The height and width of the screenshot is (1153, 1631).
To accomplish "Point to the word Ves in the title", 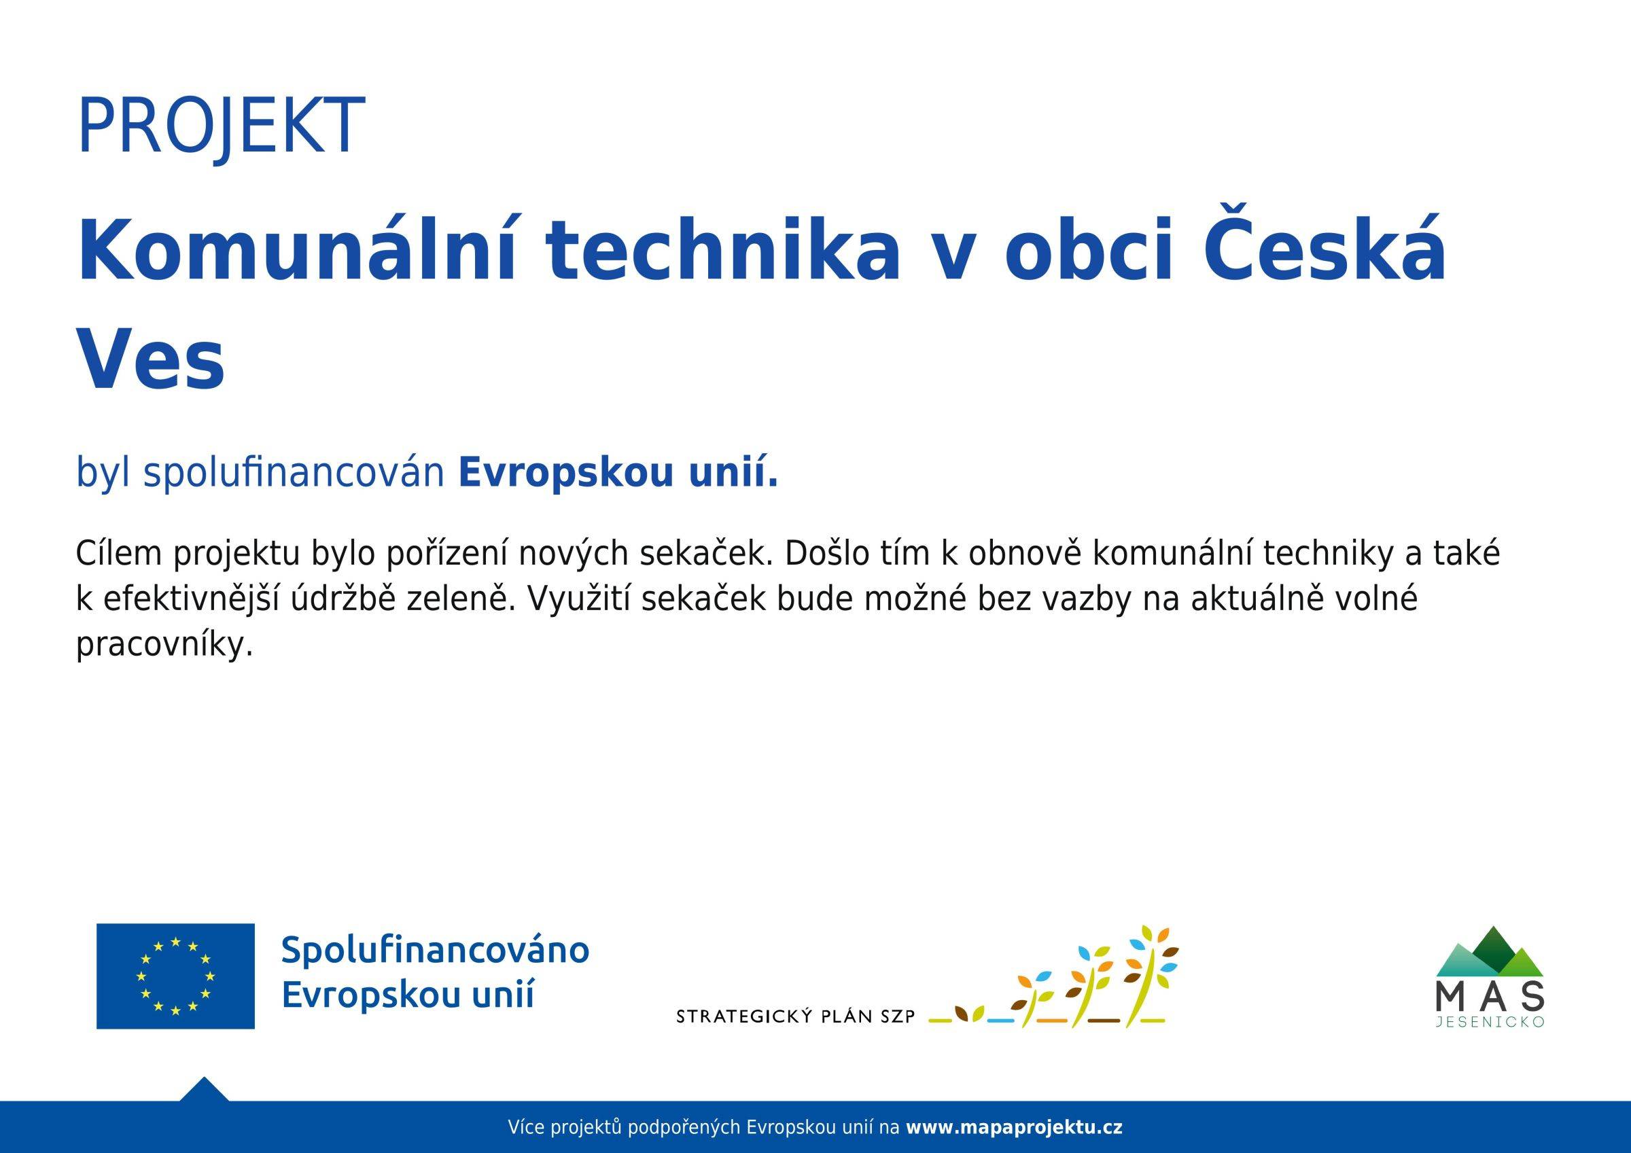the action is (151, 361).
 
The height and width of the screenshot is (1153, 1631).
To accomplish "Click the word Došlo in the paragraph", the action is (827, 554).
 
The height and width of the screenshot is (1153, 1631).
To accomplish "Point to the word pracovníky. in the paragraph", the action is (164, 645).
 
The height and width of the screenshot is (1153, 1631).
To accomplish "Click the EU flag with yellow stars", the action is (175, 976).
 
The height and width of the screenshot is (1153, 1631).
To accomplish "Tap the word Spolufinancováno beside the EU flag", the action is (435, 951).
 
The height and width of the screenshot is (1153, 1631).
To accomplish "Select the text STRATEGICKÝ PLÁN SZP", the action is (796, 1017).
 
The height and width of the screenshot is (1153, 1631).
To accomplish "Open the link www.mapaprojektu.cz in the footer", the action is (1014, 1127).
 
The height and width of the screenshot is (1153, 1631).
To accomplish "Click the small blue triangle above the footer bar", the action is (204, 1090).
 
